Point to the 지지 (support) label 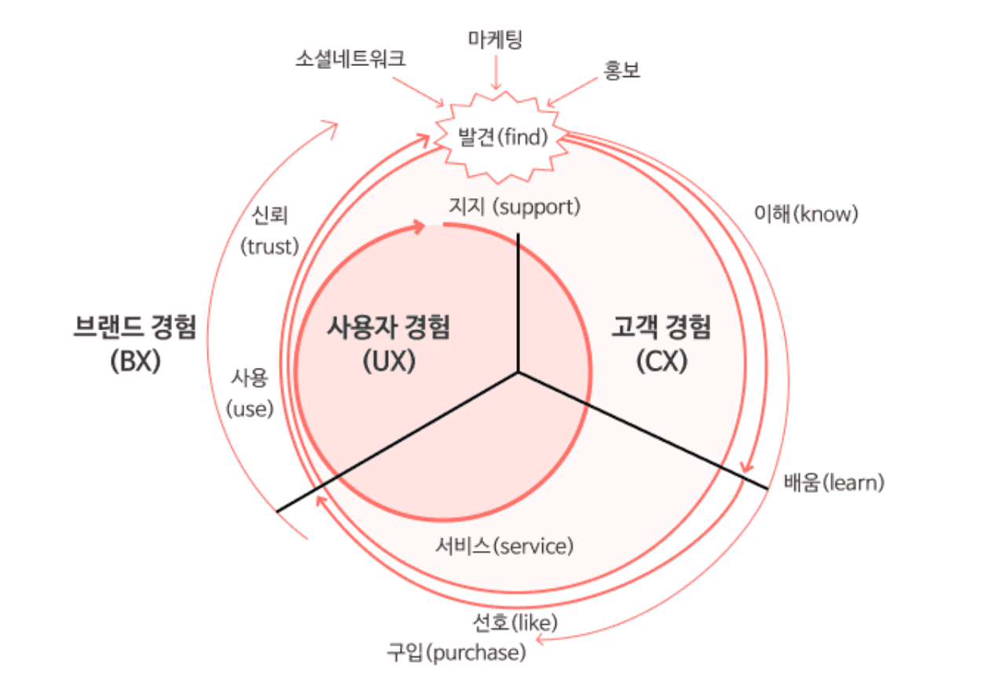[x=514, y=208]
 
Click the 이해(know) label [x=804, y=214]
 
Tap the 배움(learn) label [x=834, y=482]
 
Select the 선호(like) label [x=515, y=623]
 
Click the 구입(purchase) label [x=456, y=652]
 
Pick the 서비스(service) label [x=504, y=545]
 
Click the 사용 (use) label [x=250, y=393]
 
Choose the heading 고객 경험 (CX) [x=661, y=343]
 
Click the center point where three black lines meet [x=518, y=371]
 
